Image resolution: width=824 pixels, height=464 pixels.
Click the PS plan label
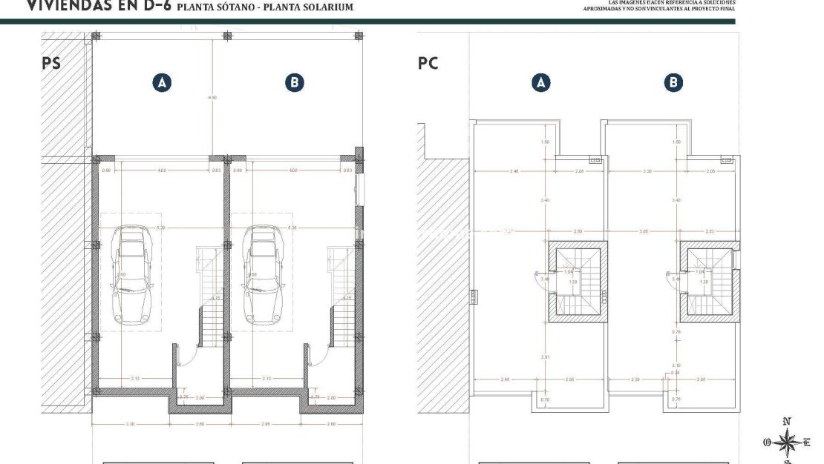(x=50, y=63)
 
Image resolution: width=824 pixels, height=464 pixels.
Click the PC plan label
(x=428, y=63)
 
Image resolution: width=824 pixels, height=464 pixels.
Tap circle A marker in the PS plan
(x=161, y=82)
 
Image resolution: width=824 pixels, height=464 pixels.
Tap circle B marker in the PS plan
(x=295, y=82)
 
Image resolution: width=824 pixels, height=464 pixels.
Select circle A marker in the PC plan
(x=541, y=82)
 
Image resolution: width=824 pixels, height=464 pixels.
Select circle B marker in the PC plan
(x=673, y=82)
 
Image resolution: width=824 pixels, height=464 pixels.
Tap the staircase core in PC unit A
(x=578, y=281)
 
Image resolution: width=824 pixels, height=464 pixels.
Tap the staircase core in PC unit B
(x=709, y=281)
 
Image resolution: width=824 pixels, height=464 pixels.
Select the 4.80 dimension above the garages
(x=212, y=97)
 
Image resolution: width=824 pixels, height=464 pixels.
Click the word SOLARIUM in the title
(x=322, y=7)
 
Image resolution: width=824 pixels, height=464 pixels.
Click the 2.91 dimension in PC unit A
(x=546, y=357)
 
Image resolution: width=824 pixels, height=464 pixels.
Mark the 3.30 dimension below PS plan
(x=130, y=423)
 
